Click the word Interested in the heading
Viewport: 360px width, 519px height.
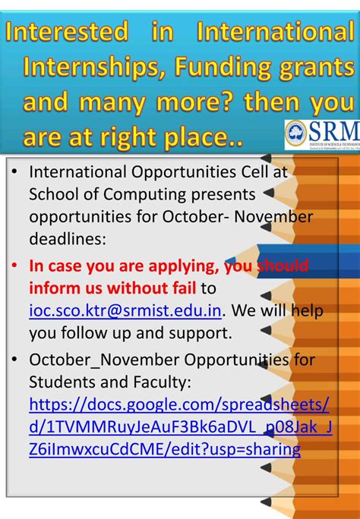[68, 32]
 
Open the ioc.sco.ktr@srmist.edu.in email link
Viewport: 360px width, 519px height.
[127, 311]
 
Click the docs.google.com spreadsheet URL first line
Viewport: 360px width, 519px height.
[180, 402]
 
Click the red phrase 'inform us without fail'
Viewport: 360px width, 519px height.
[112, 288]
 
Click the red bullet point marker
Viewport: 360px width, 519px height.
[16, 266]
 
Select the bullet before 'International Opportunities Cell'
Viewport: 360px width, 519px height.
[16, 172]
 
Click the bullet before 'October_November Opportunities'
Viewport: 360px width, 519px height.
[16, 359]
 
